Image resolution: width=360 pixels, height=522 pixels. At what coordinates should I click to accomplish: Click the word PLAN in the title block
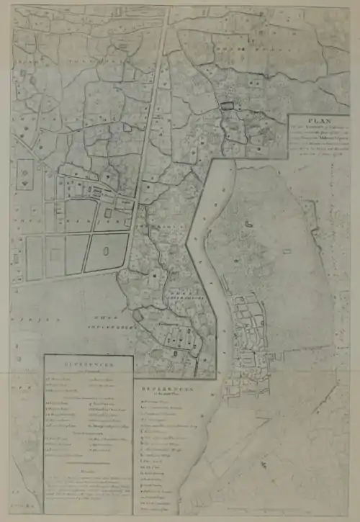pyautogui.click(x=318, y=122)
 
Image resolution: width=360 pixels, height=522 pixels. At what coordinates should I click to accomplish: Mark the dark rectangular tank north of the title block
pyautogui.click(x=228, y=107)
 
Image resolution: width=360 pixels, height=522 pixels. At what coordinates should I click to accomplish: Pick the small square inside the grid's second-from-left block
pyautogui.click(x=55, y=256)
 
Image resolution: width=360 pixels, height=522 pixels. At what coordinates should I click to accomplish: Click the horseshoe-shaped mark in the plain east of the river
pyautogui.click(x=248, y=225)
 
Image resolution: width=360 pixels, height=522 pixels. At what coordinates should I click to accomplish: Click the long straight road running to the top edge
pyautogui.click(x=153, y=108)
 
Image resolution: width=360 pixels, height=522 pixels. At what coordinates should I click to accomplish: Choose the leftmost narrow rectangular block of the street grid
pyautogui.click(x=34, y=258)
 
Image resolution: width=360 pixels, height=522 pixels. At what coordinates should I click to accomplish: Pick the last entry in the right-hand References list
pyautogui.click(x=155, y=508)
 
